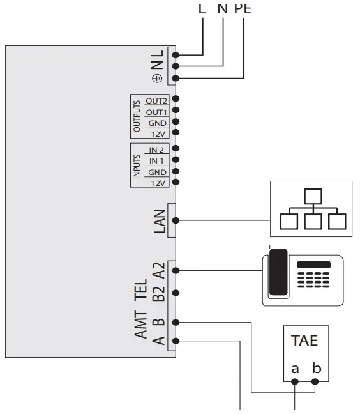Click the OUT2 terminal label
click(x=156, y=101)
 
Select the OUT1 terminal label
click(x=156, y=112)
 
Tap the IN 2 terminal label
click(x=156, y=149)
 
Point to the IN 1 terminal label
click(x=156, y=161)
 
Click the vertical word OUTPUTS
click(x=137, y=116)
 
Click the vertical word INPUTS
click(x=137, y=165)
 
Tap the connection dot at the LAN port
click(x=176, y=220)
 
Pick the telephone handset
click(x=277, y=273)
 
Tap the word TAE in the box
click(x=304, y=341)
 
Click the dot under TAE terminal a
click(x=295, y=382)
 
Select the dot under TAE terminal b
click(x=315, y=382)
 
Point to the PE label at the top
click(x=243, y=8)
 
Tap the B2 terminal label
click(x=160, y=293)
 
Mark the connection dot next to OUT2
click(x=176, y=99)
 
